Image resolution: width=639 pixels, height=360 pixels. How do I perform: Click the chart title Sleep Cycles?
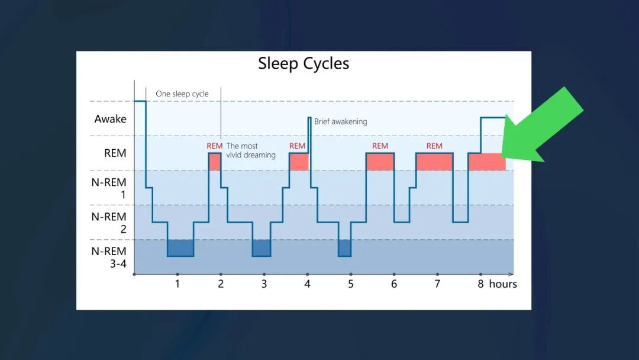304,63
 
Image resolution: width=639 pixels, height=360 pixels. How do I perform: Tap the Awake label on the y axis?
111,118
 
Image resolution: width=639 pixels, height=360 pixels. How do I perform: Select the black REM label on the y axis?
115,153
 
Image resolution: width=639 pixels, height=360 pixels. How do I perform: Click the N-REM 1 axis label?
109,188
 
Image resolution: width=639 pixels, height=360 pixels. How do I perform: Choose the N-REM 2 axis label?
109,223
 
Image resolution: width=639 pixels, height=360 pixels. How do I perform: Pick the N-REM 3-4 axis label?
109,257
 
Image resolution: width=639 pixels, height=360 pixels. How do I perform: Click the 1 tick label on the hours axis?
177,284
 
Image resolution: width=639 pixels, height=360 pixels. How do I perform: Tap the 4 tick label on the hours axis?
307,284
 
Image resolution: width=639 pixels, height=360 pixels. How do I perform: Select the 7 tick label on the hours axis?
437,284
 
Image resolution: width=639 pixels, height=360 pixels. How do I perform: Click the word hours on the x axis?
503,284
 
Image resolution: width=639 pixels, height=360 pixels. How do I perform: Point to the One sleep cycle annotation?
182,94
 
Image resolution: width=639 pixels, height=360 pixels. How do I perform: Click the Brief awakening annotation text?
341,121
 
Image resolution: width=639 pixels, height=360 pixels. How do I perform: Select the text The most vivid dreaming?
251,150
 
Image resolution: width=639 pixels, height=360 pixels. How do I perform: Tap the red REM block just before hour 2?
215,162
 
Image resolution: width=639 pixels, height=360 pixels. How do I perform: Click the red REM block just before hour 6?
380,162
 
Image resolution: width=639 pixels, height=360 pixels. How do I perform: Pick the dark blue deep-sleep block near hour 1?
180,248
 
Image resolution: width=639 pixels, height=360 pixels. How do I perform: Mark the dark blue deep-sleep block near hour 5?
345,248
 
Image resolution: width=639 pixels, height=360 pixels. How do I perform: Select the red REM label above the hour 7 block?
434,146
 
